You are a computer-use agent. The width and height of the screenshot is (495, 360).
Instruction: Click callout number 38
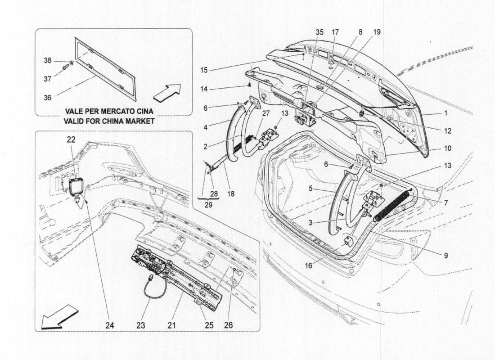click(48, 60)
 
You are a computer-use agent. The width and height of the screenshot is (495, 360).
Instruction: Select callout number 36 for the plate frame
click(48, 97)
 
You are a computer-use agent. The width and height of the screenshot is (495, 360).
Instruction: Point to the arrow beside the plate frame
click(166, 92)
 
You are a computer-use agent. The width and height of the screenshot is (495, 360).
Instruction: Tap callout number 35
click(319, 32)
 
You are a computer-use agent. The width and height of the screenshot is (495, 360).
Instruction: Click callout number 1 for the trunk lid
click(445, 114)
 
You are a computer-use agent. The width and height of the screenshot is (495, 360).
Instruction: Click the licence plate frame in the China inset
click(106, 68)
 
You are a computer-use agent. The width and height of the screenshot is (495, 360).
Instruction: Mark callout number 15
click(205, 70)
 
